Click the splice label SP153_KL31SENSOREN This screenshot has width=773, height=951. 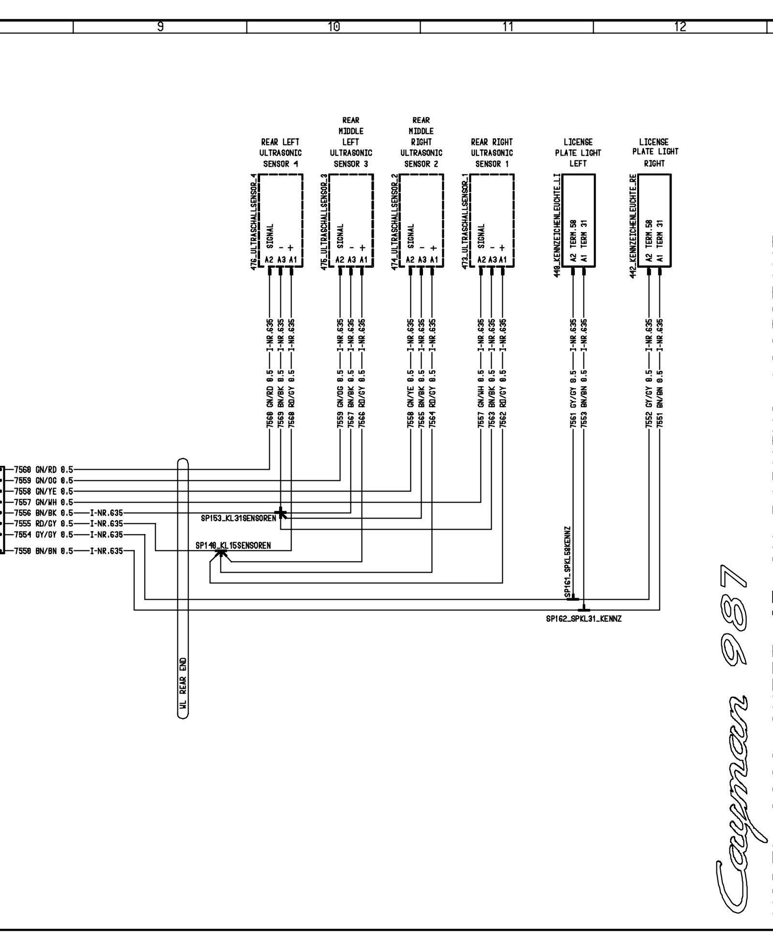click(238, 518)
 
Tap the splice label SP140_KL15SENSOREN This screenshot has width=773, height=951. click(233, 546)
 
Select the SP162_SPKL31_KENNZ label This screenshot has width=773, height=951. click(583, 619)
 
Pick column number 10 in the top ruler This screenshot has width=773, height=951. click(333, 27)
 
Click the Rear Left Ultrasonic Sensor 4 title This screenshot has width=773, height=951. click(280, 153)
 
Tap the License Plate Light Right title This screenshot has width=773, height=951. click(654, 153)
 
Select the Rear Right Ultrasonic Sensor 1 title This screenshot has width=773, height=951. click(492, 153)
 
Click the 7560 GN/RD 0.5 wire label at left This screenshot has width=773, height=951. click(44, 469)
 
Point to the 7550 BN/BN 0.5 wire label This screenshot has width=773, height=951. click(44, 550)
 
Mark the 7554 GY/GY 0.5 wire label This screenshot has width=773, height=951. click(44, 534)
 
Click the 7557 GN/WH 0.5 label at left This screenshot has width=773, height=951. click(44, 502)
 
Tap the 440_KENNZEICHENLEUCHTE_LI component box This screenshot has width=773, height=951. click(578, 220)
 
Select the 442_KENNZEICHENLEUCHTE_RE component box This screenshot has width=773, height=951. click(654, 220)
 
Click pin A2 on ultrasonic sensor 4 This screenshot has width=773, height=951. click(269, 260)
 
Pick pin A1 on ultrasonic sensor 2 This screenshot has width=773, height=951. click(434, 260)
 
